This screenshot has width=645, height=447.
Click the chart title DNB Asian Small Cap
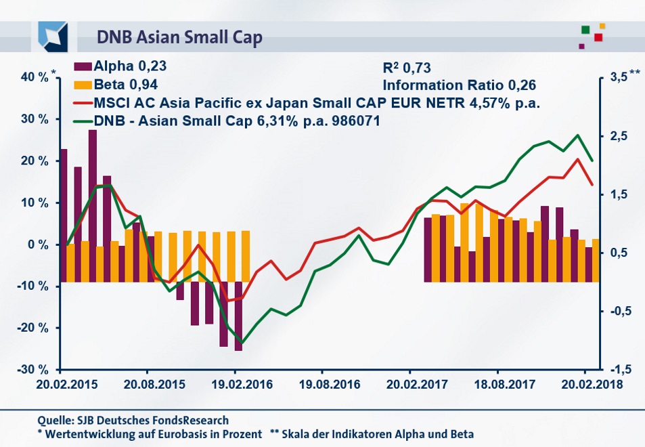pos(180,36)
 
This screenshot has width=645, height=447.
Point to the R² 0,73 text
pos(407,67)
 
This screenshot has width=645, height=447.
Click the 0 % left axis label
pos(38,244)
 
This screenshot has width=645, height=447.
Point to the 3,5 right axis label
pos(620,77)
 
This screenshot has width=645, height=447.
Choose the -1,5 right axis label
pos(620,370)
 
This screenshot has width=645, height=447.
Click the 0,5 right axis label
pos(620,253)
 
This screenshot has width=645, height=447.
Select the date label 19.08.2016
pos(322,384)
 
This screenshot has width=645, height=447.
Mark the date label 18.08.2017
pos(497,384)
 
